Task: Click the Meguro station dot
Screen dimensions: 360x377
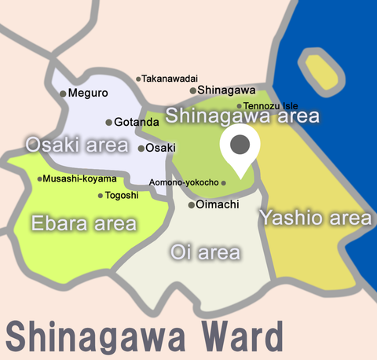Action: [63, 94]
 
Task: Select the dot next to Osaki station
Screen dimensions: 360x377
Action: [141, 148]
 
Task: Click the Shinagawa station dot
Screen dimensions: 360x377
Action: [192, 90]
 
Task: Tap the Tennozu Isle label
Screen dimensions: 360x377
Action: [270, 106]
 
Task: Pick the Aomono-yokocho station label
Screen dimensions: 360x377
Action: [184, 182]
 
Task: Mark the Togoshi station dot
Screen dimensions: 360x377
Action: [100, 196]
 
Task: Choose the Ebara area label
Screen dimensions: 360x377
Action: [83, 224]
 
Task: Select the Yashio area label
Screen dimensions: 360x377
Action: [315, 216]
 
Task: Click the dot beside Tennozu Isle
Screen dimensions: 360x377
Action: [240, 106]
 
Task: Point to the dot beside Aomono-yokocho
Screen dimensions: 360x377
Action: [224, 183]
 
